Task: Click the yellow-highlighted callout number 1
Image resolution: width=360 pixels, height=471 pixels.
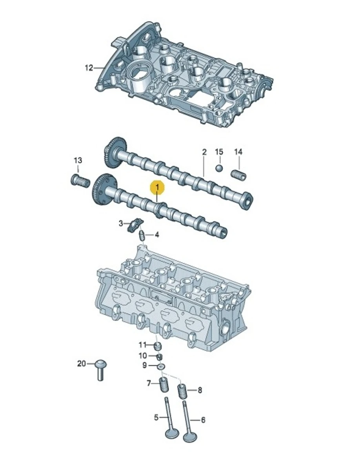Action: tap(158, 188)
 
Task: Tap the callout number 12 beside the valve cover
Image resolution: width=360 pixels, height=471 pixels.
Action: tap(89, 68)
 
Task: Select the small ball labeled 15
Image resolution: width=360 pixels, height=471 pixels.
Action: tap(219, 168)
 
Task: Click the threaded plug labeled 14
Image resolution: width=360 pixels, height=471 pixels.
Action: tap(238, 174)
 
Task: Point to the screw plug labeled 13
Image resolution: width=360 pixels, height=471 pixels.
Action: tap(80, 181)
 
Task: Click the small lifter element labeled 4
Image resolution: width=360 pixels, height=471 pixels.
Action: tap(142, 235)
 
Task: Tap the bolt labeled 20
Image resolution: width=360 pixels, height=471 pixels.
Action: tap(101, 370)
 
